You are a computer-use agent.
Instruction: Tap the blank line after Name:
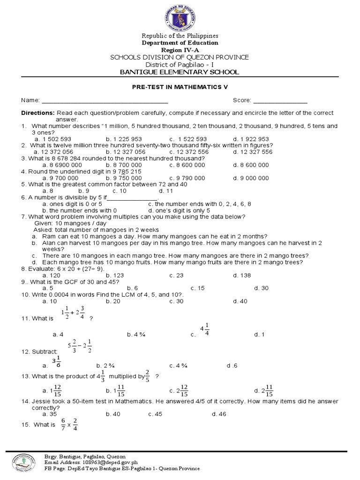105,101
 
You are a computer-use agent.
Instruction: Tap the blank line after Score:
280,101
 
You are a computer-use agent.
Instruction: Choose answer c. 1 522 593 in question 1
188,139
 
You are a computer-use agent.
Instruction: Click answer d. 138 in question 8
242,276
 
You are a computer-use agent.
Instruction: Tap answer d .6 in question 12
232,366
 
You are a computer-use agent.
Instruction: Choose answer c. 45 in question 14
155,414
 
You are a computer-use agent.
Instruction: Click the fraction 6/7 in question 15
63,424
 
